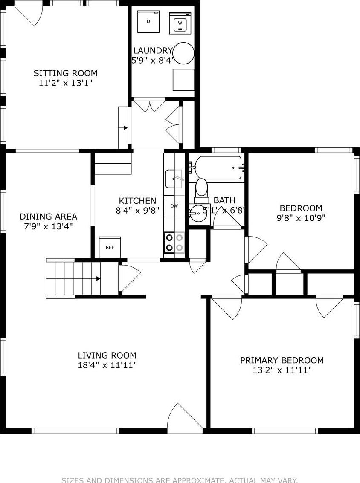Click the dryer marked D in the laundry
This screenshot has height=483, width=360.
[148, 21]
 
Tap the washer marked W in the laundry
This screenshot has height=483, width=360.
[180, 23]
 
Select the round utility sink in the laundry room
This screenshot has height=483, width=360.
[183, 53]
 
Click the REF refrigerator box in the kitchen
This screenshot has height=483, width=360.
[110, 247]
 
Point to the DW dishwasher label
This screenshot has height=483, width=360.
[174, 206]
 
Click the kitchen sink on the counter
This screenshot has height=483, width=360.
[174, 178]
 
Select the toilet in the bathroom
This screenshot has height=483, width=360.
[201, 190]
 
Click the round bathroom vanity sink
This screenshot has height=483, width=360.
[197, 213]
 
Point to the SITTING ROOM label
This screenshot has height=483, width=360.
[65, 73]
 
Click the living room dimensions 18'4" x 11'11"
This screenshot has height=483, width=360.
[107, 365]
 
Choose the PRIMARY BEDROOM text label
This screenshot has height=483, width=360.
[282, 361]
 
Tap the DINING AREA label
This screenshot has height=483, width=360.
[48, 217]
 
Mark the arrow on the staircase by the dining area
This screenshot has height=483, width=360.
[98, 278]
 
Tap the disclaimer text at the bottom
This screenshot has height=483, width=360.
[180, 480]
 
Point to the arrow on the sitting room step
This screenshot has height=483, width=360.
[125, 127]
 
